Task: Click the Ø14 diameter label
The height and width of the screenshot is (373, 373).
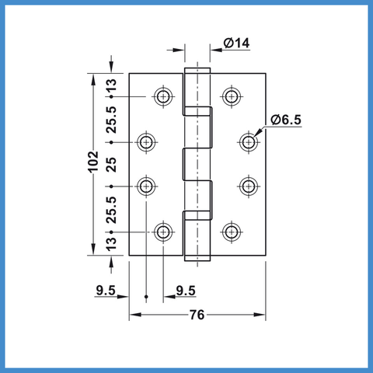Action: (x=236, y=43)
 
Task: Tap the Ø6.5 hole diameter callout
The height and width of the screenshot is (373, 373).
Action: (x=286, y=120)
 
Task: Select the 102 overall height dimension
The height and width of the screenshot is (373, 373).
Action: (x=93, y=161)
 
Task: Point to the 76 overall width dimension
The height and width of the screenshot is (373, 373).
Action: (x=197, y=315)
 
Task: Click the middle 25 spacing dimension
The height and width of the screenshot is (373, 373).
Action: (x=112, y=165)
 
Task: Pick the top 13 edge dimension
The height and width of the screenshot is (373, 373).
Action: (x=112, y=85)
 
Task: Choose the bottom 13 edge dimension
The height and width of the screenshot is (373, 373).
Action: (x=112, y=243)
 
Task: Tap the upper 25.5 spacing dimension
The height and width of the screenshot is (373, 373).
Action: (x=112, y=120)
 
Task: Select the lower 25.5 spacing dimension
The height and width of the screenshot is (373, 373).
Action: (x=112, y=210)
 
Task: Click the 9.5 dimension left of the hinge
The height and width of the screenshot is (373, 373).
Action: (x=106, y=290)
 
